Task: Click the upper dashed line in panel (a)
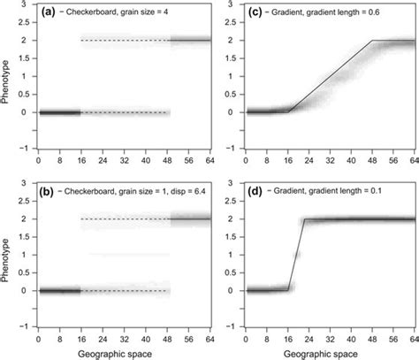[124, 41]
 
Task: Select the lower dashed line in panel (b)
[124, 290]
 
